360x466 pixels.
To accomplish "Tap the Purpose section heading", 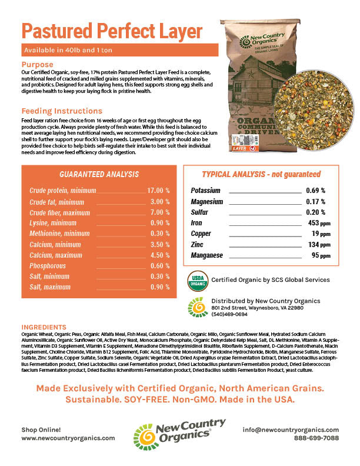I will point(37,64).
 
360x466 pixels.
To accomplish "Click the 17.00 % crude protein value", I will point(158,191).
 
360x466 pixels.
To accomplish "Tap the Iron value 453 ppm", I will point(316,223).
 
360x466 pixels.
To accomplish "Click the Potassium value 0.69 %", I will point(315,191).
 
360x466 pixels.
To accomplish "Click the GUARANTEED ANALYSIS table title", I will point(99,174).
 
